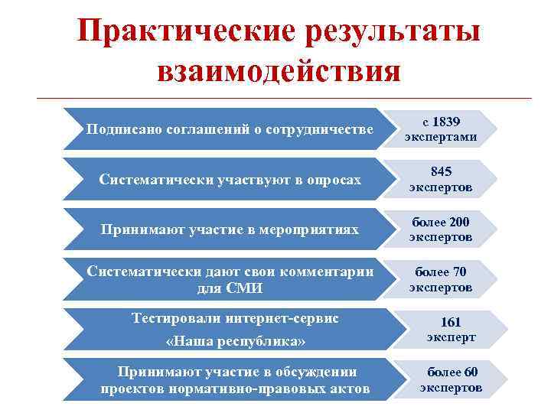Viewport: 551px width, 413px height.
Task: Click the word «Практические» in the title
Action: (178, 31)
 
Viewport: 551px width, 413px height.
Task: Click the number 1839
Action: (446, 122)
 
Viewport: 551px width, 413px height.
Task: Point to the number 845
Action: (441, 172)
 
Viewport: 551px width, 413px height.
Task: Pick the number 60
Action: (470, 372)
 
